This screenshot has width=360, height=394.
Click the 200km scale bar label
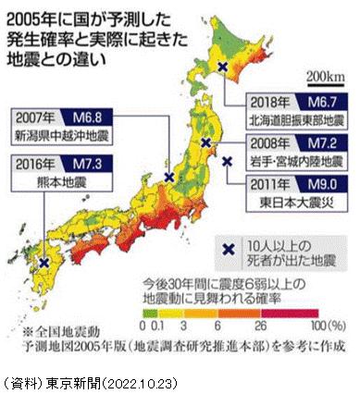point(328,74)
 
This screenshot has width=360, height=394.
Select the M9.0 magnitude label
point(325,184)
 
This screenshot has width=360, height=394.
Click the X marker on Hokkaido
point(221,67)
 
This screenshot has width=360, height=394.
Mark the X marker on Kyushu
point(43,263)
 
